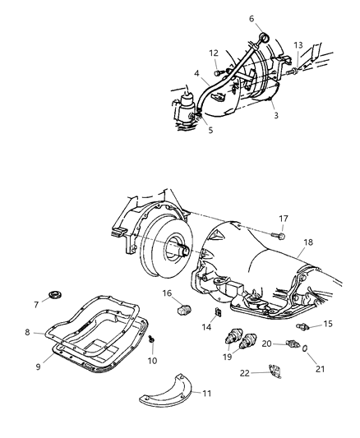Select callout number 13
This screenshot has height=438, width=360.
[x=298, y=45]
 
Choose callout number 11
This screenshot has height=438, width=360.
[x=206, y=394]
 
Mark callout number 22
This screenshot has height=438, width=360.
[x=244, y=374]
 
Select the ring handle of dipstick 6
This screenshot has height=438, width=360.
[x=265, y=37]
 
